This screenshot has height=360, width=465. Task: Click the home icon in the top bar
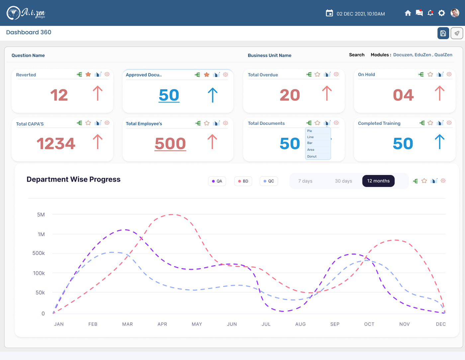coord(408,13)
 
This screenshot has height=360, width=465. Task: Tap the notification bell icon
coord(430,13)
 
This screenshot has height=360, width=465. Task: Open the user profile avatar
coord(455,13)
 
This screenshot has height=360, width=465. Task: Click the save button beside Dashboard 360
coord(443,33)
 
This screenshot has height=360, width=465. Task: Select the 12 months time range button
coord(378,181)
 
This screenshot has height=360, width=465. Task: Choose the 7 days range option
coord(305,181)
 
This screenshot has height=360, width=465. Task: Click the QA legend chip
coord(217,181)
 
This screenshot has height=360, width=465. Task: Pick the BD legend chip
coord(243,181)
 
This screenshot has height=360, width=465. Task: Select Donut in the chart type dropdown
coord(312,156)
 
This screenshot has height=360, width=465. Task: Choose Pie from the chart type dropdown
coord(310,131)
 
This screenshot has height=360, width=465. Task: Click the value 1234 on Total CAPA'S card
coord(56,143)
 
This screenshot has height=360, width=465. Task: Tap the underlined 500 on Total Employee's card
coord(170,143)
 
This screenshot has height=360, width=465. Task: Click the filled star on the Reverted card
coord(88,74)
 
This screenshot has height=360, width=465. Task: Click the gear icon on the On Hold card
coord(449,74)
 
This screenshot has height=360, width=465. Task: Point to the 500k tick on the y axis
coord(39,253)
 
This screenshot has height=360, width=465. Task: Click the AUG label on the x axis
coord(301,324)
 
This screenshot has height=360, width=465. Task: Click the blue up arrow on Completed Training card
coord(439,141)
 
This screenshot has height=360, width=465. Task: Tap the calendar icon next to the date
coord(329,13)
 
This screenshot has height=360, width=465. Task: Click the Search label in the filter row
coord(357,55)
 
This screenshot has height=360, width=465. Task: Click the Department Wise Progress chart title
coord(73,179)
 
